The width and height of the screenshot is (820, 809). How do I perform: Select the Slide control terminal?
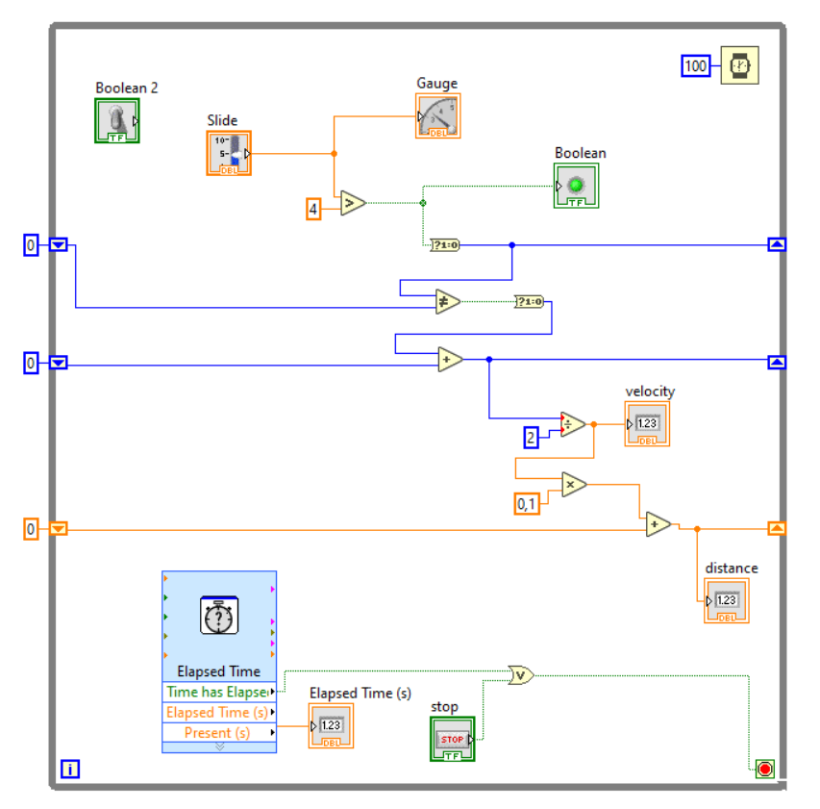click(x=229, y=154)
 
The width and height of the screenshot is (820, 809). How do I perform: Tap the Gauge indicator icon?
click(x=438, y=116)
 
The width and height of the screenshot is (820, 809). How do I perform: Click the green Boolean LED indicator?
click(x=576, y=186)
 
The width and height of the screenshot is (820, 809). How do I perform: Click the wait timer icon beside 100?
click(x=739, y=66)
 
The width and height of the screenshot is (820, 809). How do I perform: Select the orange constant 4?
click(x=313, y=208)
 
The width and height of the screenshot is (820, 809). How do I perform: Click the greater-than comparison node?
click(x=352, y=203)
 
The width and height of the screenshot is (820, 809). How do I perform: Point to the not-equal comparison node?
click(x=447, y=301)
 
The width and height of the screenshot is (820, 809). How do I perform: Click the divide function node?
click(x=572, y=424)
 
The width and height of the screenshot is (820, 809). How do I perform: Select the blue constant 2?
click(x=531, y=438)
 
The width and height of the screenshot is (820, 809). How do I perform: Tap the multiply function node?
click(x=574, y=485)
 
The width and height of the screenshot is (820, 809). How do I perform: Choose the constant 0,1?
click(x=527, y=503)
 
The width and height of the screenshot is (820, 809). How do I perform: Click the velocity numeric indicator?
click(x=647, y=424)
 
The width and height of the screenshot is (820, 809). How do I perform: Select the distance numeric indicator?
click(x=726, y=601)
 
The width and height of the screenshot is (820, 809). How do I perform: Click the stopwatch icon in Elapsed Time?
click(x=219, y=616)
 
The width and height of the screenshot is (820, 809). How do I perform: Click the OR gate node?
click(x=520, y=675)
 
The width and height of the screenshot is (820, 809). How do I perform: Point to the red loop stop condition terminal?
click(x=764, y=769)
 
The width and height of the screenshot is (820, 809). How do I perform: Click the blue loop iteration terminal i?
click(x=70, y=769)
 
